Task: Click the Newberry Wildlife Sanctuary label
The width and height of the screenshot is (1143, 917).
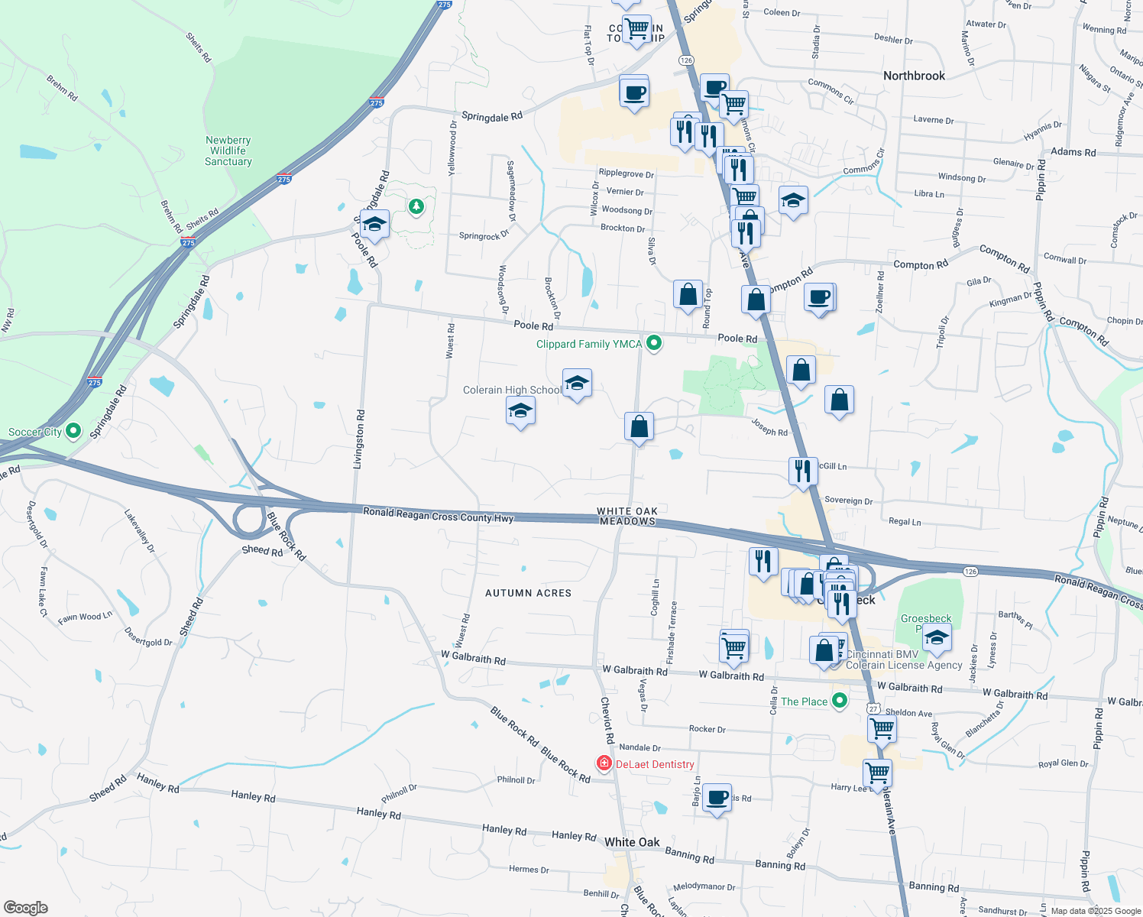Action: pyautogui.click(x=228, y=151)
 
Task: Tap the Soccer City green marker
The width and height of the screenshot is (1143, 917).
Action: pyautogui.click(x=73, y=431)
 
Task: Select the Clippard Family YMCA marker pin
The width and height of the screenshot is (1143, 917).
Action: pyautogui.click(x=653, y=343)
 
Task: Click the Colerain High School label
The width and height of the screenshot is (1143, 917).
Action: pyautogui.click(x=512, y=390)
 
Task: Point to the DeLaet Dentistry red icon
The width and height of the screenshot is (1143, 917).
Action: pyautogui.click(x=604, y=763)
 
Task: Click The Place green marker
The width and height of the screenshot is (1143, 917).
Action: pyautogui.click(x=840, y=701)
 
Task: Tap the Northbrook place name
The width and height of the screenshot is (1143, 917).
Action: pyautogui.click(x=914, y=76)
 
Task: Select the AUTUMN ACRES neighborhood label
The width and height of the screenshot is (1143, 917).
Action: pyautogui.click(x=528, y=593)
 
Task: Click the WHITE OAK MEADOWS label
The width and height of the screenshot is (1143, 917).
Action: pyautogui.click(x=627, y=516)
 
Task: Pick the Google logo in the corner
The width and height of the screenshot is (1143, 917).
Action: pyautogui.click(x=26, y=907)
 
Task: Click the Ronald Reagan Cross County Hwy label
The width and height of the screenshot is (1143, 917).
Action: pyautogui.click(x=438, y=515)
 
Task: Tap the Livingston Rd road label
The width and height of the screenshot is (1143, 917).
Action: pyautogui.click(x=360, y=439)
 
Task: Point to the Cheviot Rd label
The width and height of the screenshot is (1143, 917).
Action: pyautogui.click(x=607, y=720)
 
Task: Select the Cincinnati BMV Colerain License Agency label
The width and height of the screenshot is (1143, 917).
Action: pyautogui.click(x=904, y=659)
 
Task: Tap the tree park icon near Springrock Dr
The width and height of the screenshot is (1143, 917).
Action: pyautogui.click(x=416, y=206)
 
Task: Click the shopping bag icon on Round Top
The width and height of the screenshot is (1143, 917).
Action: pyautogui.click(x=688, y=294)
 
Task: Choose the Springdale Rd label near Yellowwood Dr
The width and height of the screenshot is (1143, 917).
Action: pyautogui.click(x=492, y=116)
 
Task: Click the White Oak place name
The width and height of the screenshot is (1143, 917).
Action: pyautogui.click(x=632, y=842)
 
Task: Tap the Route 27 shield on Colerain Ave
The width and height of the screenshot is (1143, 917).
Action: pyautogui.click(x=873, y=708)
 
